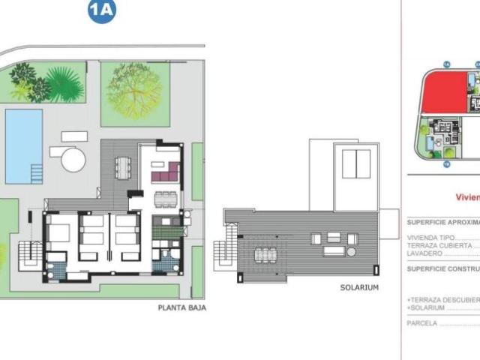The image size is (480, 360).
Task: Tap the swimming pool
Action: tap(23, 145)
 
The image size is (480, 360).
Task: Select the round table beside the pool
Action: tap(73, 159)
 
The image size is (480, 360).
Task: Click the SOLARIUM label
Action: tap(359, 287)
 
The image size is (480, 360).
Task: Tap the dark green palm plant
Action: tap(63, 84)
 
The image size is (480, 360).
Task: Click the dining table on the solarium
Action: tap(265, 255)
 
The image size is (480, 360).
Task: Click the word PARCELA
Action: tap(421, 324)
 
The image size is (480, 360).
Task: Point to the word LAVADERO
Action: tap(424, 253)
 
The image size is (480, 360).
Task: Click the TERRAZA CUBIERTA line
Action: tap(439, 245)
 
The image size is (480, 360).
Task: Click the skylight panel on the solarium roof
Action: tap(356, 163)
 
